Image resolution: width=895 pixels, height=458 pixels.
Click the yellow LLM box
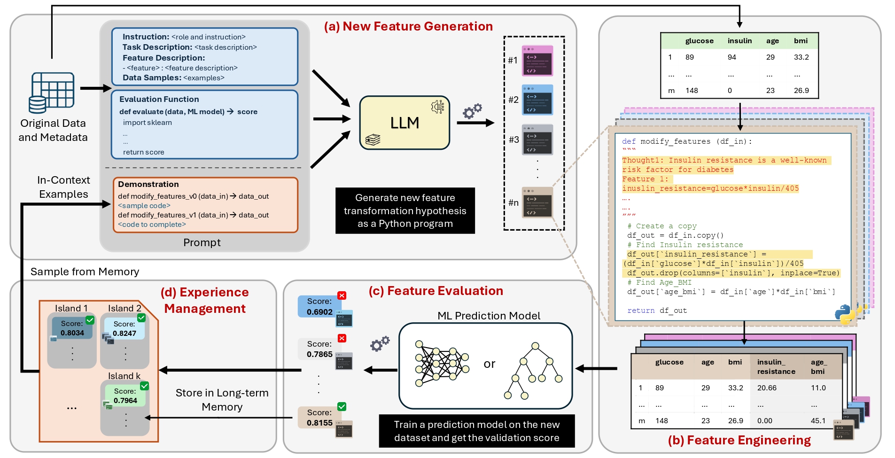(405, 123)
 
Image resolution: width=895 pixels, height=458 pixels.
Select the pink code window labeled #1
(537, 61)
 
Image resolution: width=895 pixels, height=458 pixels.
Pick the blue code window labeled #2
(537, 100)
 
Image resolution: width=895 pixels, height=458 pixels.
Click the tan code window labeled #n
(537, 202)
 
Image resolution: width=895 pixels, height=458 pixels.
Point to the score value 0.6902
(319, 312)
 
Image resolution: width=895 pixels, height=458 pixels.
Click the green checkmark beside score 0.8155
(342, 407)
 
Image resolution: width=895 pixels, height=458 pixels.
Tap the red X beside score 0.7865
(342, 338)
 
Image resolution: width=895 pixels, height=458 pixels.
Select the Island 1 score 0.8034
(72, 333)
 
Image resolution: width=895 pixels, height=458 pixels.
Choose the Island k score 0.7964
(125, 401)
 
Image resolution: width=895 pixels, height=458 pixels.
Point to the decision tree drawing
(533, 371)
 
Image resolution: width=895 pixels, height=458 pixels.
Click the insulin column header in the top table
(739, 41)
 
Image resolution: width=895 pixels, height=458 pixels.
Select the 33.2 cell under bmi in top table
(801, 57)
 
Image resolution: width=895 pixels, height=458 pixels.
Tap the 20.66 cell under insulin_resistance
(767, 388)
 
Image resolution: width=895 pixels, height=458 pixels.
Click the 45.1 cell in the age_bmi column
(818, 421)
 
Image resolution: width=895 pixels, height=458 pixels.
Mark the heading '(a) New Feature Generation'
(408, 26)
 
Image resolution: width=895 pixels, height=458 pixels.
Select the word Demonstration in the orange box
(148, 184)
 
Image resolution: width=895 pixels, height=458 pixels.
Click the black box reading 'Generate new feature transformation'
(405, 210)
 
